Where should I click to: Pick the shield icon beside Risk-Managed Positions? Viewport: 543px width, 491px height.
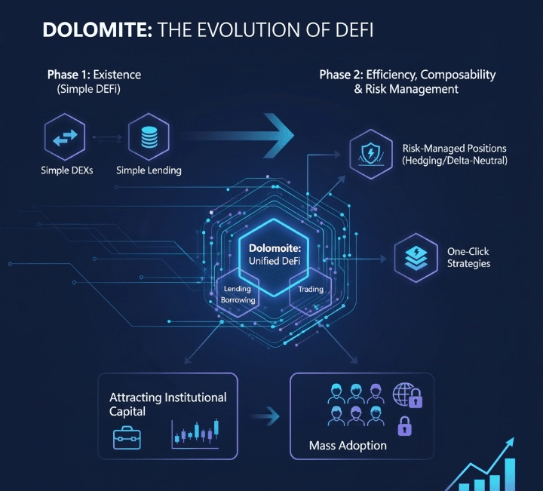[x=371, y=154]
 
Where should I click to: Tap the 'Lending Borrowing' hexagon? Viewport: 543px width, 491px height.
[x=238, y=293]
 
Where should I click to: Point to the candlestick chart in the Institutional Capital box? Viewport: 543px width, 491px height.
[x=195, y=432]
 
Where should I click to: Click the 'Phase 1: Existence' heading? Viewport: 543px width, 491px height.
[x=94, y=75]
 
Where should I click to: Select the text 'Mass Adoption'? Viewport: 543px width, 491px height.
[x=348, y=446]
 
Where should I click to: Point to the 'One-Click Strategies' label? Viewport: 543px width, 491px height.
[x=468, y=258]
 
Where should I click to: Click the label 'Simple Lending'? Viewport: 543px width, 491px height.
[x=149, y=170]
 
